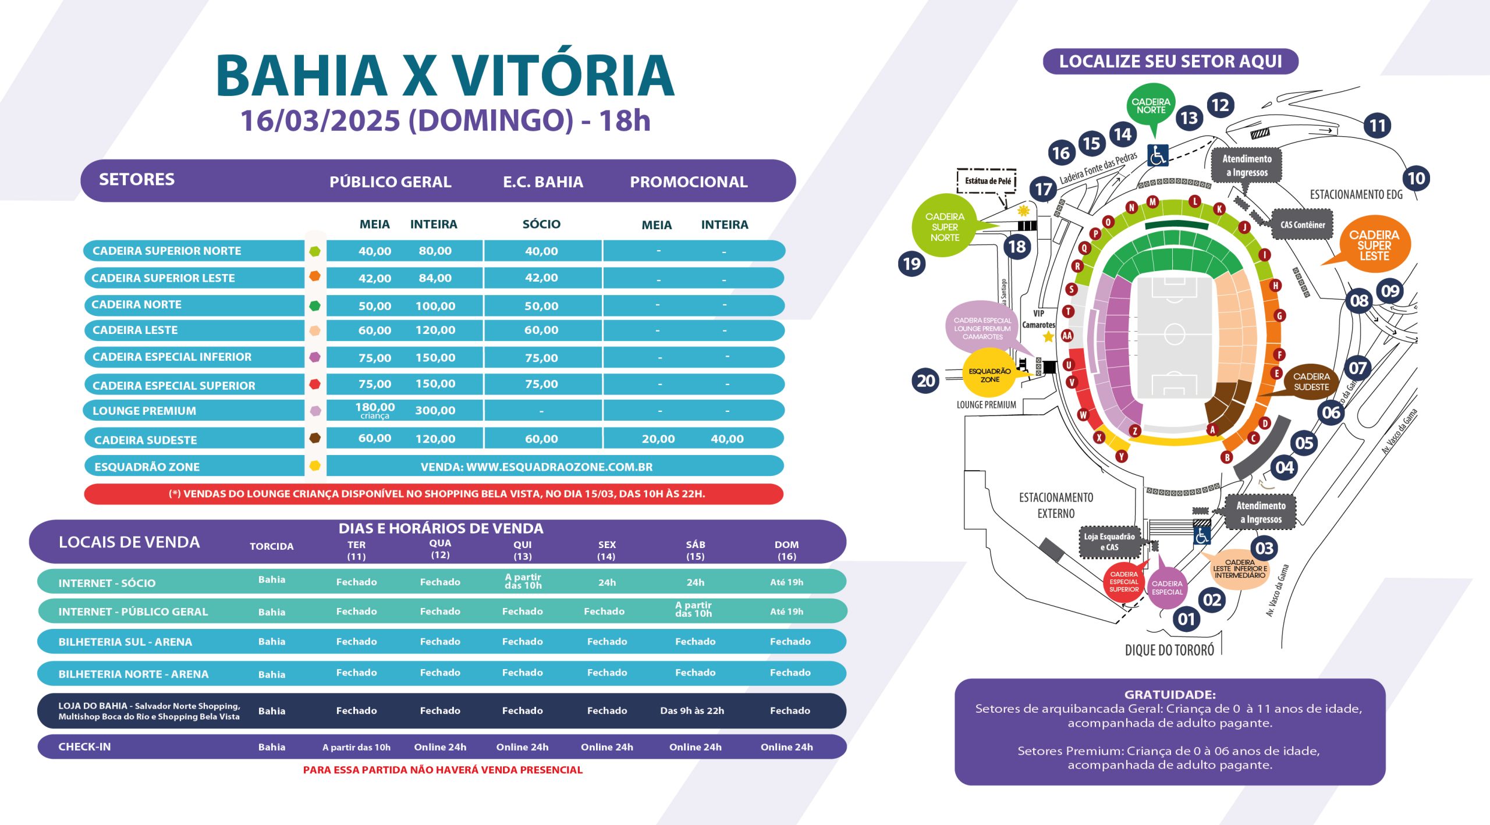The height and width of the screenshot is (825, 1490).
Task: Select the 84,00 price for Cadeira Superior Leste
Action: click(x=435, y=278)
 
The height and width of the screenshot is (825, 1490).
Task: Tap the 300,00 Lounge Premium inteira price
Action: click(x=435, y=410)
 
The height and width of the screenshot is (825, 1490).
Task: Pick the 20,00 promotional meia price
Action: click(x=658, y=439)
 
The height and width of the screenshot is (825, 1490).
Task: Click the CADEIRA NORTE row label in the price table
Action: click(x=136, y=304)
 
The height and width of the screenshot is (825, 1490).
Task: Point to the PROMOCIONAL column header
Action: click(x=689, y=182)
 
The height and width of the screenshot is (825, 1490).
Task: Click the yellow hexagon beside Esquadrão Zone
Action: click(x=315, y=465)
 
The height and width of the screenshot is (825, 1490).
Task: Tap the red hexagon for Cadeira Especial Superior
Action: click(x=315, y=384)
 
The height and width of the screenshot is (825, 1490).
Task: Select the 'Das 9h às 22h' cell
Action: click(x=692, y=710)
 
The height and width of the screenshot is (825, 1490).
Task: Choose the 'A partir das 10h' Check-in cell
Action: click(x=356, y=747)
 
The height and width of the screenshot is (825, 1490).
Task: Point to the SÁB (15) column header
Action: click(x=696, y=550)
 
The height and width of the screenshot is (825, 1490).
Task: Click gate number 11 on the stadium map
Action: click(x=1377, y=125)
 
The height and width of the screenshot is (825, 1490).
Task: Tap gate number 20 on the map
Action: click(x=926, y=381)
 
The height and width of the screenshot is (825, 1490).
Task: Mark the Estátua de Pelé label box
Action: click(x=987, y=181)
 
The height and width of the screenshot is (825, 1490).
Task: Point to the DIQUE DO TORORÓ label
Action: click(x=1169, y=650)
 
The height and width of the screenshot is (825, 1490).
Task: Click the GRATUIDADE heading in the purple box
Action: click(x=1170, y=694)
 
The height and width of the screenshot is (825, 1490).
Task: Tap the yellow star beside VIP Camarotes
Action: click(x=1048, y=336)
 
